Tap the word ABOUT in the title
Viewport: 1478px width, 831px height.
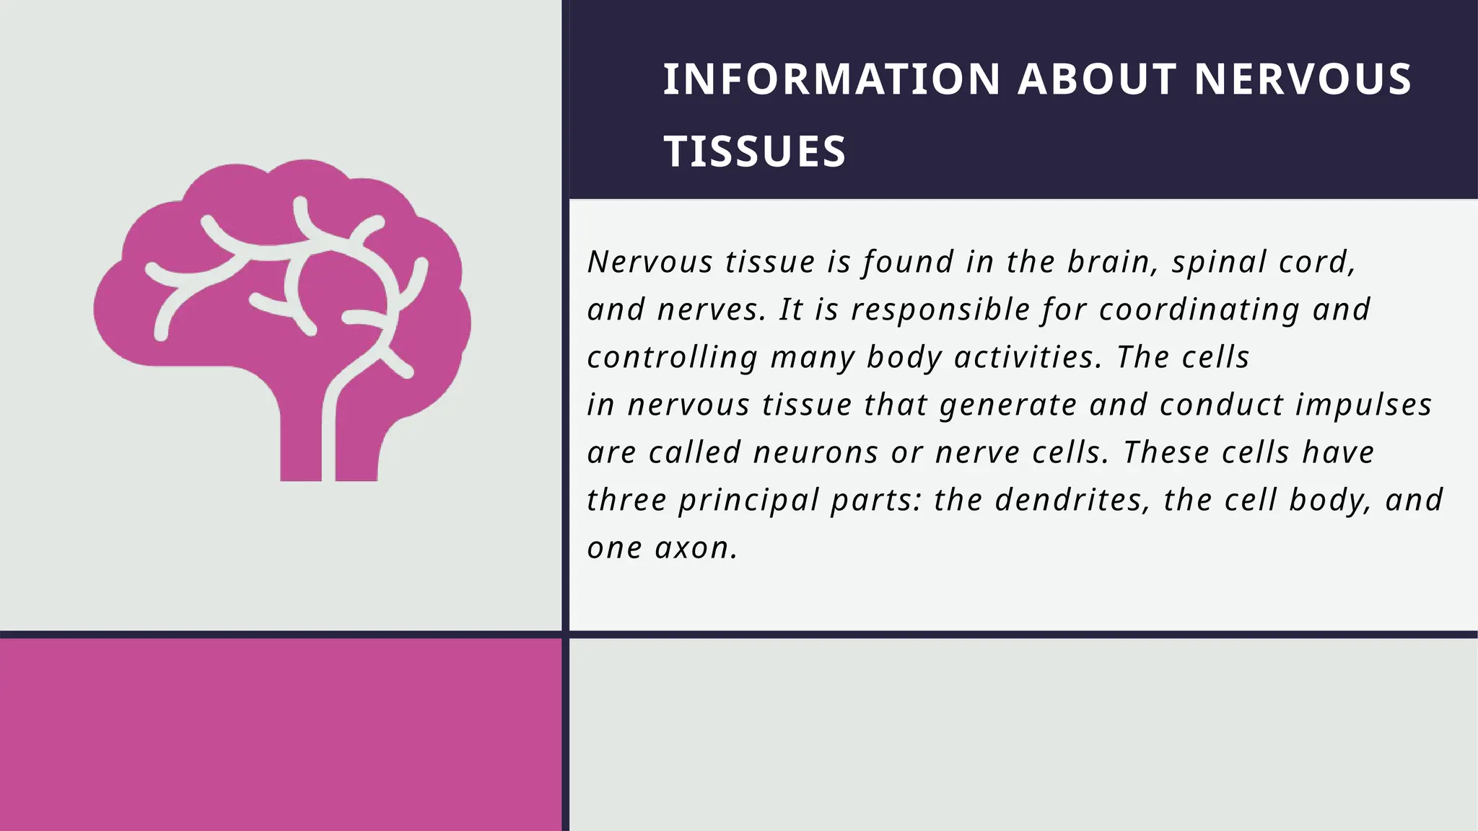(x=1097, y=79)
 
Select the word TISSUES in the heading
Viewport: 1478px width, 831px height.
(x=754, y=152)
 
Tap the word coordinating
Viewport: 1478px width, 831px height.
(x=1199, y=310)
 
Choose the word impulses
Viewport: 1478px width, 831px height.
(x=1363, y=405)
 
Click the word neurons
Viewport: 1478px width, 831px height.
(x=815, y=453)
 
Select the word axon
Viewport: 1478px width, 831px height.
(x=696, y=548)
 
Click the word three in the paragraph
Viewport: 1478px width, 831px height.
(x=626, y=501)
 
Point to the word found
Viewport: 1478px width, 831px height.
(x=908, y=262)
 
